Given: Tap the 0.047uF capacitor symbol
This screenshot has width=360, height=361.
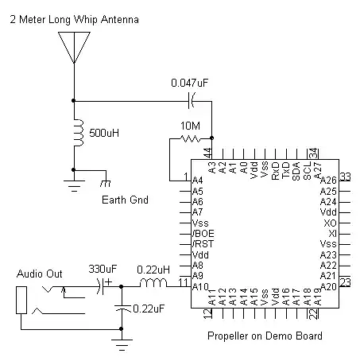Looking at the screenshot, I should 190,100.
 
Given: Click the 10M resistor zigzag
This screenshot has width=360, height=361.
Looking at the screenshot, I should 191,138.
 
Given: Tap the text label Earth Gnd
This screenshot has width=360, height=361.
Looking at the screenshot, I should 124,199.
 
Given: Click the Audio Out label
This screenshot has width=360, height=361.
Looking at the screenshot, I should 40,274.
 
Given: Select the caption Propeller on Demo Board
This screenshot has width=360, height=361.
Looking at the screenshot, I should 265,336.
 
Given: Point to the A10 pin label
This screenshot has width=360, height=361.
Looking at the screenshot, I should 200,286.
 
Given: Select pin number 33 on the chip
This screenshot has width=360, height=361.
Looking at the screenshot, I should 345,177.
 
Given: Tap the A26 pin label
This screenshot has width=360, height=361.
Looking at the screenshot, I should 328,180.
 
